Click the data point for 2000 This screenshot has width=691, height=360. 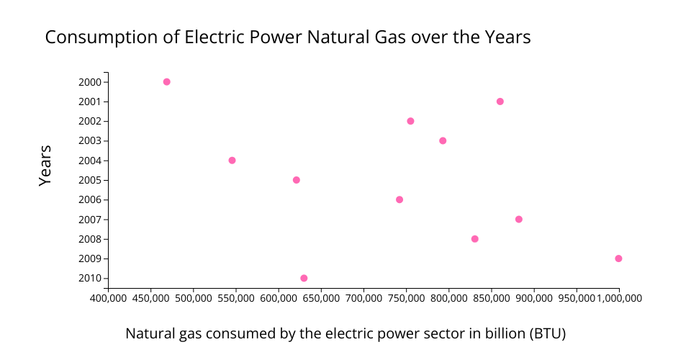[x=166, y=82]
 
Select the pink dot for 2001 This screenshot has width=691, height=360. [x=500, y=102]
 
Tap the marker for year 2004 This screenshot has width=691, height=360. [x=232, y=161]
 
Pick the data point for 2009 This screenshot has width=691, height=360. [x=618, y=258]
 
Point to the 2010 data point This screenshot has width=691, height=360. [x=304, y=278]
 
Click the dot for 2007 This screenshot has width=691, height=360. [x=519, y=220]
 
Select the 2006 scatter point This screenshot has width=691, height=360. [x=399, y=199]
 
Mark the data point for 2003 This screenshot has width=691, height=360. [x=443, y=140]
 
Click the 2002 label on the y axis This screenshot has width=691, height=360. [x=90, y=121]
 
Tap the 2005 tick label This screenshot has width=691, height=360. [x=90, y=180]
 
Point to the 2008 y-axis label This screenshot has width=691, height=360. [x=90, y=239]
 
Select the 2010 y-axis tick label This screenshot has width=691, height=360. [x=90, y=279]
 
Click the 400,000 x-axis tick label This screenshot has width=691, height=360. [x=109, y=298]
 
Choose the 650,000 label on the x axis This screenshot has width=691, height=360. [x=321, y=298]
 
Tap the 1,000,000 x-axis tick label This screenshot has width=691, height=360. [x=620, y=298]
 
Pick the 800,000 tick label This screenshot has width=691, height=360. [x=449, y=298]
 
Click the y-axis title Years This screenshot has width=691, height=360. [x=45, y=166]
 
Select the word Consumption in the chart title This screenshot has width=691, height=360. [x=101, y=37]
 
